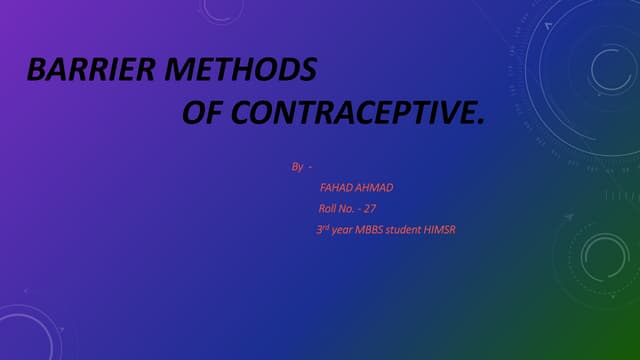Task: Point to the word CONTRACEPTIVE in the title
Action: click(x=350, y=113)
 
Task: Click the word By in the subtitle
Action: click(x=297, y=166)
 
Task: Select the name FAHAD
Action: click(x=337, y=187)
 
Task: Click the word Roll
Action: click(x=329, y=208)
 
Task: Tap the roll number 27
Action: click(x=369, y=208)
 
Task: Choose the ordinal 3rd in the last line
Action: click(x=321, y=229)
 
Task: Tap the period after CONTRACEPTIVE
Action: click(x=479, y=120)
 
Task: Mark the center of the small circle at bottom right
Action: click(x=606, y=257)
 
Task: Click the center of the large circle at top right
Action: click(x=607, y=70)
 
